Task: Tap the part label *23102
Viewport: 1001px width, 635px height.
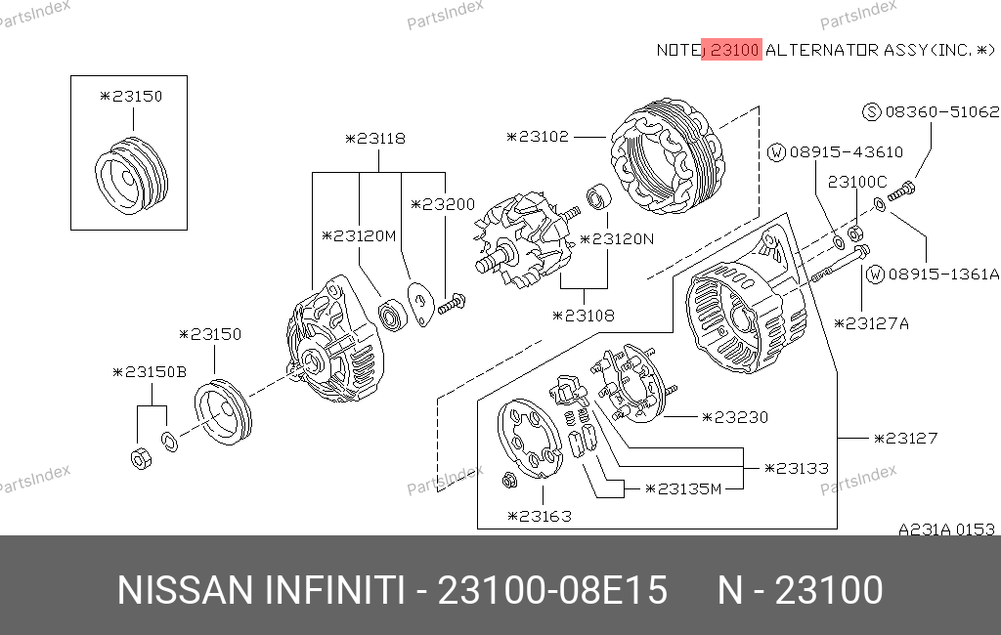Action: coord(538,137)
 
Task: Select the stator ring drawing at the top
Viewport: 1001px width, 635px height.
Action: coord(668,156)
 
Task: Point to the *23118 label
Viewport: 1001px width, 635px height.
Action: coord(375,139)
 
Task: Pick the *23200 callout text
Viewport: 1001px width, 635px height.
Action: coord(443,204)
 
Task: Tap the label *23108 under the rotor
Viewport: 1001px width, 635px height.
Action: coord(584,316)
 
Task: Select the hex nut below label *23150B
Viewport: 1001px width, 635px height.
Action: coord(141,457)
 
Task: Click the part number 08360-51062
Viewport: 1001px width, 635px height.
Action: coord(942,111)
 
